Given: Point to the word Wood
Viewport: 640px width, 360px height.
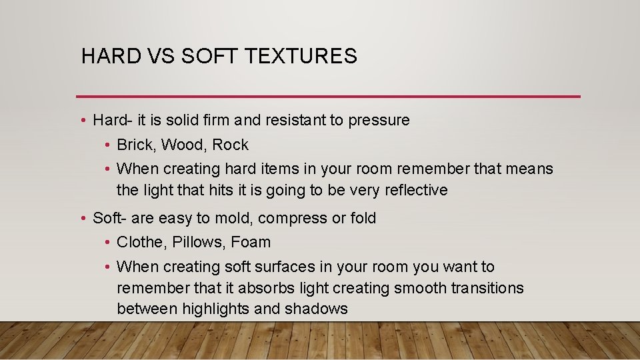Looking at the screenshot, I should click(184, 145).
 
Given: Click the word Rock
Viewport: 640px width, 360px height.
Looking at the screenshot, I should click(230, 145).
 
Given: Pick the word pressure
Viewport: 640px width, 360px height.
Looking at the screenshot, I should click(378, 121).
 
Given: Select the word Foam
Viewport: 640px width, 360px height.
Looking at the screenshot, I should click(251, 242).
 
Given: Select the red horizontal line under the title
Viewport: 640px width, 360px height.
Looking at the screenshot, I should click(328, 97).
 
